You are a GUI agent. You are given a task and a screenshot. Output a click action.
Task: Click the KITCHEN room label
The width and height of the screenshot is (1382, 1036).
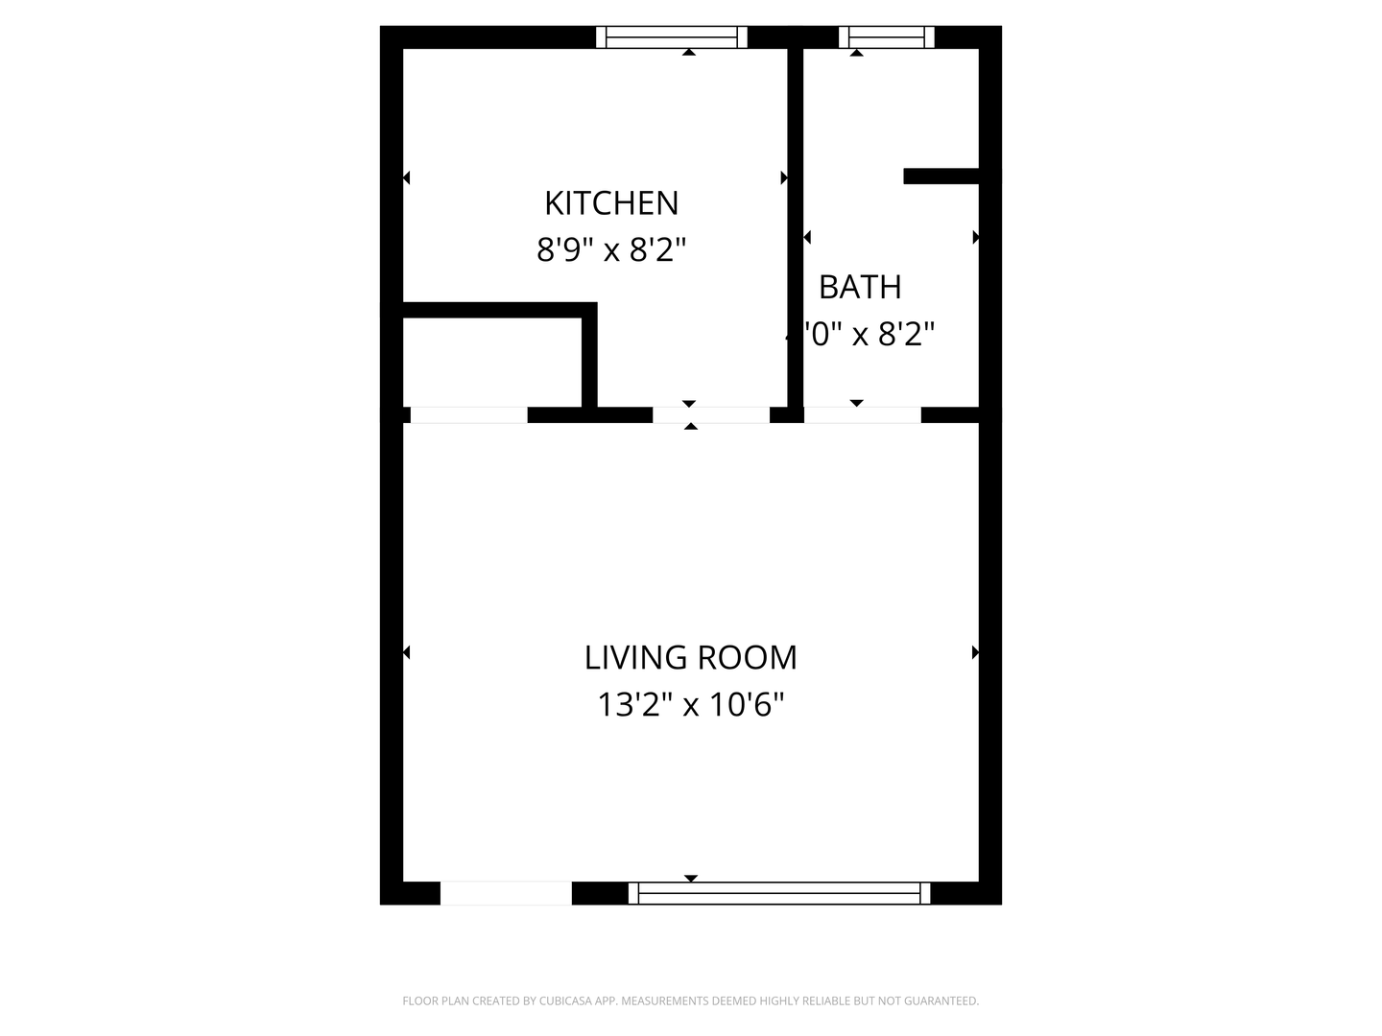pos(611,203)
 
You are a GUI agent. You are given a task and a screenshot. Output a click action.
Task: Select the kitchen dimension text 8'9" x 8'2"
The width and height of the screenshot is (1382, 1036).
pos(611,250)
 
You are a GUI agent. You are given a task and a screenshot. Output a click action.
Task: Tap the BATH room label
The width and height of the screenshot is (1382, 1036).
pos(860,287)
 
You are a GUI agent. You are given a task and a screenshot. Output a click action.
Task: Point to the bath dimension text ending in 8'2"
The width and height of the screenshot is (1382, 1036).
pos(861,335)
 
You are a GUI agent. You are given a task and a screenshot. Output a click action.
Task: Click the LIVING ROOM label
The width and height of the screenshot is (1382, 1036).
pos(690,658)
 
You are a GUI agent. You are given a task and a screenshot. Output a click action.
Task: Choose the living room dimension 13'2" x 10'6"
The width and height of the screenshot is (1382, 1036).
pos(690,705)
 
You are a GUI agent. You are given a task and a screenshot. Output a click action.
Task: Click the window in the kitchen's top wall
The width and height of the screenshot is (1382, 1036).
pos(672,37)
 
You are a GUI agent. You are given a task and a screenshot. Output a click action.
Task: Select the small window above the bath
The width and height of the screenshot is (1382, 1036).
pos(886,37)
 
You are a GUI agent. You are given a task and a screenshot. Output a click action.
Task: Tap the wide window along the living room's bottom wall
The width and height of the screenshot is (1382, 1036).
pos(779,893)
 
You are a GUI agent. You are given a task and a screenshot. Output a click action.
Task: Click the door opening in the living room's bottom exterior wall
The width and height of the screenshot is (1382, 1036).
pos(506,893)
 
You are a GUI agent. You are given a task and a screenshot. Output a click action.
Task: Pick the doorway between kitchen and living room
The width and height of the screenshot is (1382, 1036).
pos(711,415)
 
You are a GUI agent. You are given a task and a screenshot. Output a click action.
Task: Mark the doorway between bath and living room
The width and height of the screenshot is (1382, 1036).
pos(862,415)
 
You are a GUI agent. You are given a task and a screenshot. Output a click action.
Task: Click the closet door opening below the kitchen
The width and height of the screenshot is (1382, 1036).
pos(468,415)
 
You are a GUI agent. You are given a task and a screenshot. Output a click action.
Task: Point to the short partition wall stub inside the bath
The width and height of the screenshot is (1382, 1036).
pos(941,177)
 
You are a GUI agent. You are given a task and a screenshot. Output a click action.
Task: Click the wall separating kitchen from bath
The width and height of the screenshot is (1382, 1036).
pos(795,230)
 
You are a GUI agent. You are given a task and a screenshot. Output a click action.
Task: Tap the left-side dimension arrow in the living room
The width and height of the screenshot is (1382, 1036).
pos(406,652)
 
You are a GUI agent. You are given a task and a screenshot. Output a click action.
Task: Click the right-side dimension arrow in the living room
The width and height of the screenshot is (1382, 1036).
pos(975,652)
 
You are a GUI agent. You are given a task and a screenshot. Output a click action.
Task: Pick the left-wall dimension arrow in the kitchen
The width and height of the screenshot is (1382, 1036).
pos(406,177)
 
